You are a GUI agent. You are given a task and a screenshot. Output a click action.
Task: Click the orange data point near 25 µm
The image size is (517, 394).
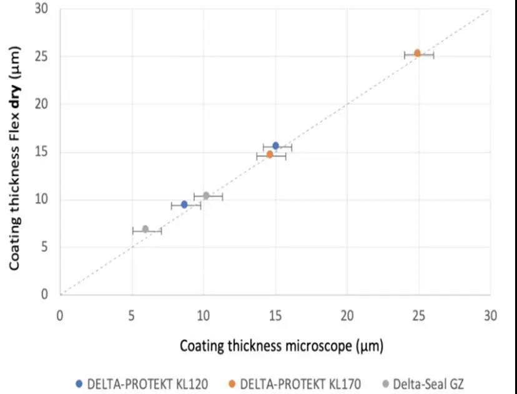pyautogui.click(x=418, y=54)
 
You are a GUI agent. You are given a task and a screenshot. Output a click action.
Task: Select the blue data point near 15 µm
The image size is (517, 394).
pyautogui.click(x=275, y=146)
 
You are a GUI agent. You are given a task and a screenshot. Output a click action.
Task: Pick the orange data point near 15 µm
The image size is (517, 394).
pyautogui.click(x=270, y=154)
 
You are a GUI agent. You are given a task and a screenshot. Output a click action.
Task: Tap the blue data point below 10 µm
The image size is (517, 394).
pyautogui.click(x=184, y=204)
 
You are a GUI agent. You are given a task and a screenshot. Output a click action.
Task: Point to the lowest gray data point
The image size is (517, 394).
pyautogui.click(x=145, y=229)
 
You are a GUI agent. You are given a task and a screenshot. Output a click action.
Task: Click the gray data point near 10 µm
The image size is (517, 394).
pyautogui.click(x=206, y=196)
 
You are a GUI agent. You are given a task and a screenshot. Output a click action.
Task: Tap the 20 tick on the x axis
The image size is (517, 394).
pyautogui.click(x=347, y=315)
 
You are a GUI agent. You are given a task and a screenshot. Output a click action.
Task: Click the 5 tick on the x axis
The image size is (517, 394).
pyautogui.click(x=132, y=315)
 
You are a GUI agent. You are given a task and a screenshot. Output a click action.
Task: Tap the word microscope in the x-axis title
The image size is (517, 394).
pyautogui.click(x=311, y=345)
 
